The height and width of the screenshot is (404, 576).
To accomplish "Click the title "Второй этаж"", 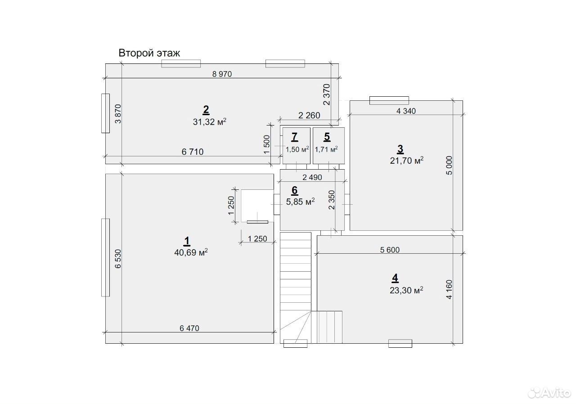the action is [x=149, y=53].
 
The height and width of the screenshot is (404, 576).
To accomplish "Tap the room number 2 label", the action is [x=206, y=110].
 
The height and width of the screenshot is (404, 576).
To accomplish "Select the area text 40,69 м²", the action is [x=191, y=252].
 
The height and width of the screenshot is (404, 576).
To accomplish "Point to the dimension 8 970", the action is [x=222, y=74].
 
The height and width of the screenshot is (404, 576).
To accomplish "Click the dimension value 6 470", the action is [x=189, y=328].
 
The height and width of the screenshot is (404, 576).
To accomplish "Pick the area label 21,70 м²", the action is [x=406, y=161].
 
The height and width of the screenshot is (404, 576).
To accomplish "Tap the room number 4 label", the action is [x=395, y=278].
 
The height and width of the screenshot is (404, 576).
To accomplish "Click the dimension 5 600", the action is [x=390, y=250].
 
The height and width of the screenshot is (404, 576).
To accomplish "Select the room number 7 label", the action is [x=295, y=137].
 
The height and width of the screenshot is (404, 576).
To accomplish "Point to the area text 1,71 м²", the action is [x=326, y=149].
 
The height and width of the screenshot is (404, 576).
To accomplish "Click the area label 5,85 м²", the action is [x=300, y=202].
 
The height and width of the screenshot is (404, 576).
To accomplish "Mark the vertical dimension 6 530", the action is [x=118, y=259].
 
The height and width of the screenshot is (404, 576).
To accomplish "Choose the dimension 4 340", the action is [x=406, y=111].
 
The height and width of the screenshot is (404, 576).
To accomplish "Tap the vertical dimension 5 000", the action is [x=449, y=166].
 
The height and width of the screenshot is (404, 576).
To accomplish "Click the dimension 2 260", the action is [x=309, y=116].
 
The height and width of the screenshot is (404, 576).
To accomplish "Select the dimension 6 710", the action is [x=193, y=152].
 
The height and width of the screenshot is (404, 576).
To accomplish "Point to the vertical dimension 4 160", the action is [x=449, y=290].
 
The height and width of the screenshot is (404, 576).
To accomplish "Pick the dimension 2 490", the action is [x=312, y=177].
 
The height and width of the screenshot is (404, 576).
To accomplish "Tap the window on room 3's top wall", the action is [x=389, y=100].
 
